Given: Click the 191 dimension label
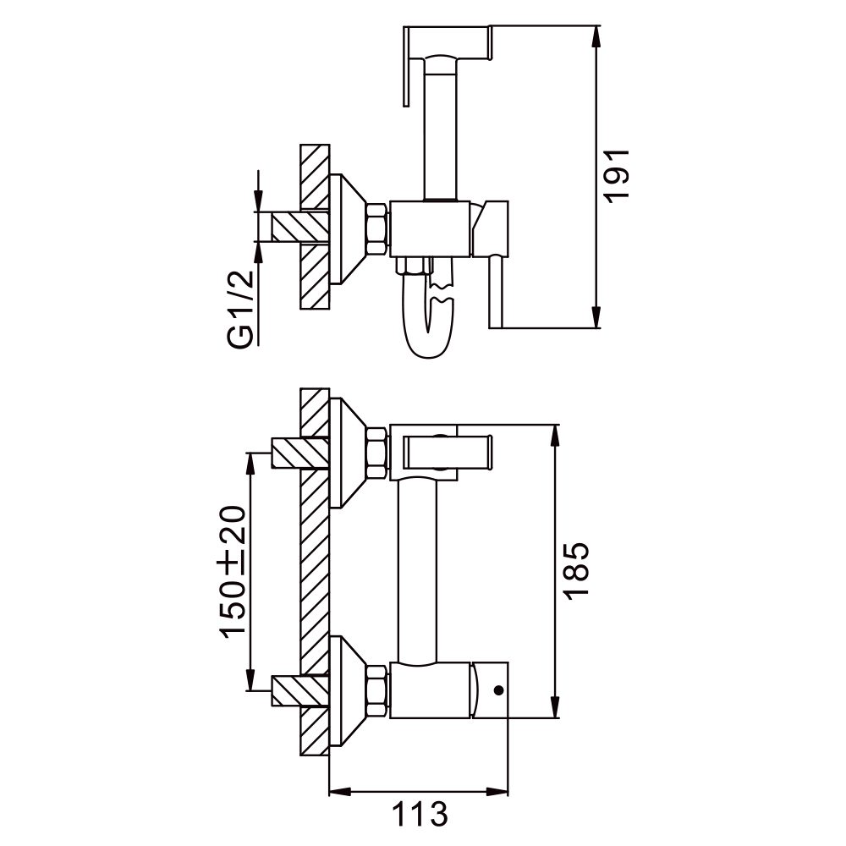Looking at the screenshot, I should (618, 173).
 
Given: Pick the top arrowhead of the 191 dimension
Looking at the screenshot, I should (598, 34).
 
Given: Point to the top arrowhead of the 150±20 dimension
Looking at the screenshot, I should (252, 461).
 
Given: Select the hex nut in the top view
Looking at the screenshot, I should (376, 228).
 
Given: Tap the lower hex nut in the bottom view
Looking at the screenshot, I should (376, 689).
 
